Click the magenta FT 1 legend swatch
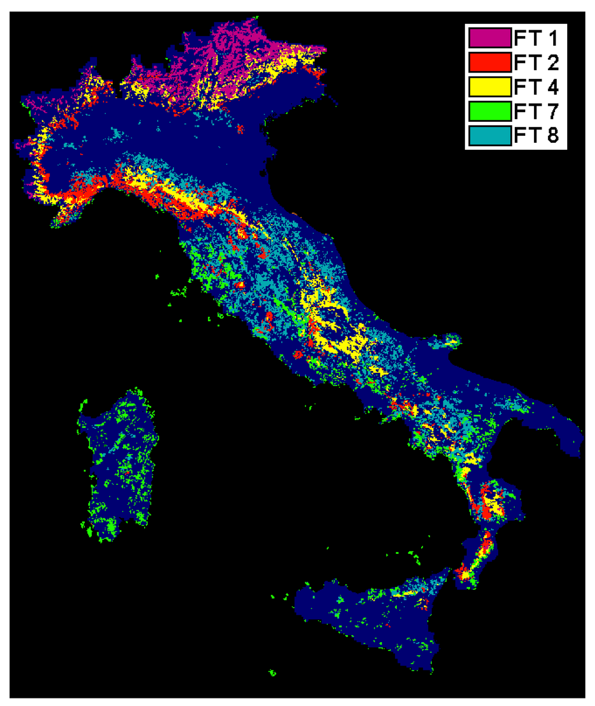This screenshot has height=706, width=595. [x=490, y=38]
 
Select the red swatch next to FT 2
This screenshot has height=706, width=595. [x=490, y=62]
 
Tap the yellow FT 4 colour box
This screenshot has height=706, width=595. [x=490, y=87]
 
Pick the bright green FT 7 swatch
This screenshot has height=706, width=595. [x=490, y=110]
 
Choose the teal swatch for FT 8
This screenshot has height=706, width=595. [x=490, y=135]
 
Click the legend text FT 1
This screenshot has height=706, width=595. [x=536, y=38]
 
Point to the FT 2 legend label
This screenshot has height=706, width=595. [x=536, y=63]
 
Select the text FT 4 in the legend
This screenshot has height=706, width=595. [x=536, y=87]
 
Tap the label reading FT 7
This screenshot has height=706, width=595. [x=536, y=111]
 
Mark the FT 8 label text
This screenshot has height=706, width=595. [x=536, y=135]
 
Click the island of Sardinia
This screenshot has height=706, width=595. [x=116, y=464]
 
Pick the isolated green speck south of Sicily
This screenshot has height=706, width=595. [x=272, y=673]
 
